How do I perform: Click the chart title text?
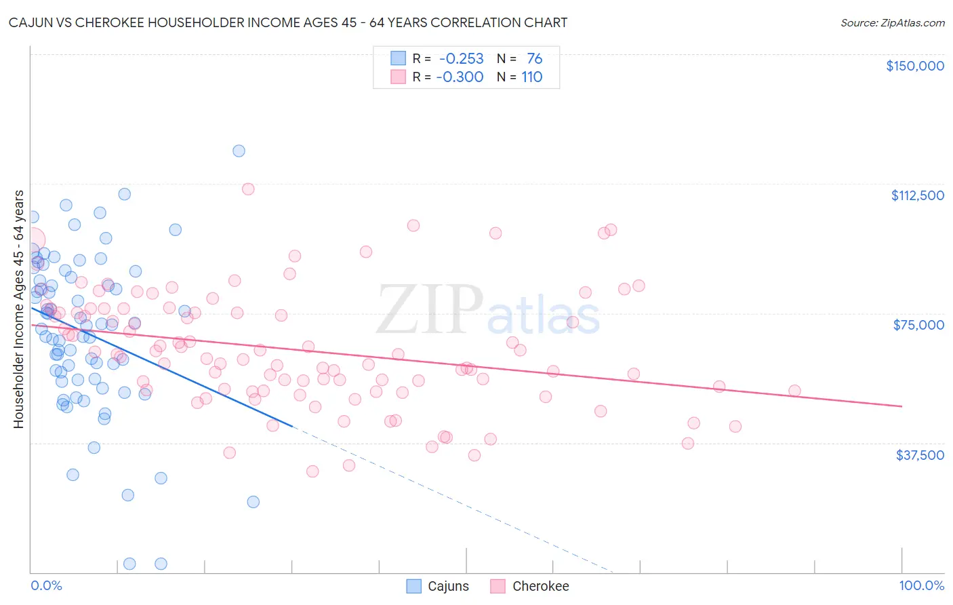point(288,22)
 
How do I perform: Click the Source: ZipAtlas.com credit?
point(892,22)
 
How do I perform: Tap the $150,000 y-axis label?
point(914,66)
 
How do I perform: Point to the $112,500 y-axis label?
point(917,195)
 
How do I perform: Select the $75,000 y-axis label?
point(918,325)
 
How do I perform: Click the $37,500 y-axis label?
point(919,455)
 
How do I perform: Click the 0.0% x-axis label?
point(46,585)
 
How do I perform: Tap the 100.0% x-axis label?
point(921,585)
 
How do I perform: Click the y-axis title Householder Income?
point(18,309)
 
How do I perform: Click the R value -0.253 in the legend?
point(461,58)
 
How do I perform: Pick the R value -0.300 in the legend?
point(460,77)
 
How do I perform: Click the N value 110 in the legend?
point(531,77)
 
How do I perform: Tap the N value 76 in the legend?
point(534,58)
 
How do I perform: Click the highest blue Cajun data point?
point(239,151)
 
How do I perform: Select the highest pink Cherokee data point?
point(248,189)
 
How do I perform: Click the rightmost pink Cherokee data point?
point(794,391)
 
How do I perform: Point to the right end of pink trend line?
point(901,406)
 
